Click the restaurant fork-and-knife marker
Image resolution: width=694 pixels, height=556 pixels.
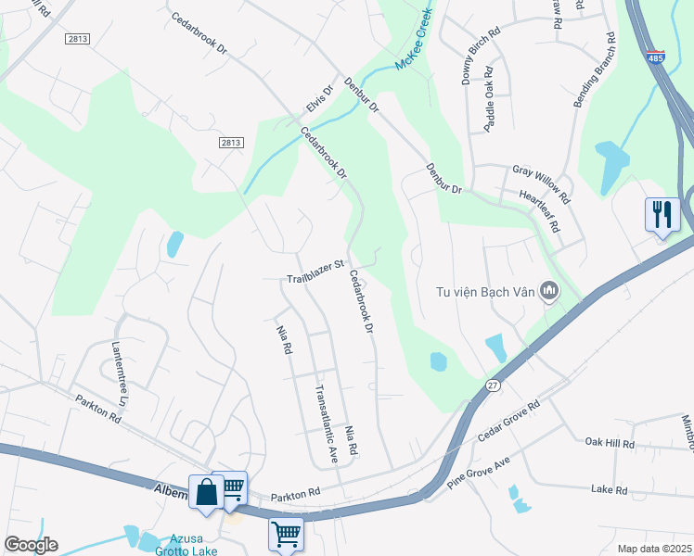[662, 216]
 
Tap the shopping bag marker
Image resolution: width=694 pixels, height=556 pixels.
[206, 491]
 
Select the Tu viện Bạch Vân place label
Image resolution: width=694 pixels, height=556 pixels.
[486, 292]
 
